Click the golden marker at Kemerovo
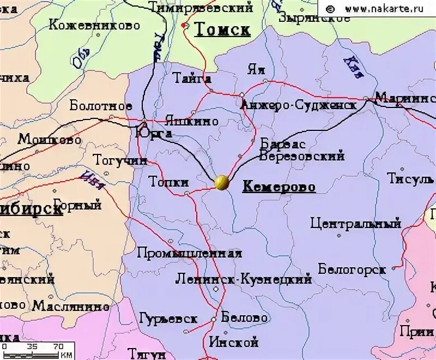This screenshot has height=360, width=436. tap(221, 182)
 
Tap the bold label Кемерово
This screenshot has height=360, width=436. tap(279, 187)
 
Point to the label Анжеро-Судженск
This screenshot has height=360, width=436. tap(299, 104)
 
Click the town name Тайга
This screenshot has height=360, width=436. tap(192, 78)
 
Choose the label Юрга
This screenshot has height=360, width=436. tap(154, 133)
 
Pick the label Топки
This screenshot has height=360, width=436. tap(169, 182)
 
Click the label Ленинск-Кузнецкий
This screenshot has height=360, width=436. tap(244, 279)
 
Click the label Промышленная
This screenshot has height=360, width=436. tap(189, 253)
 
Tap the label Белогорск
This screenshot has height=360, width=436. tap(352, 269)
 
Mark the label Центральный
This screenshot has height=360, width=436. tap(356, 223)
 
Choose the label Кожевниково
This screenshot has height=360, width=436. tap(94, 25)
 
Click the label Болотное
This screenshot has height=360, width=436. tap(101, 105)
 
